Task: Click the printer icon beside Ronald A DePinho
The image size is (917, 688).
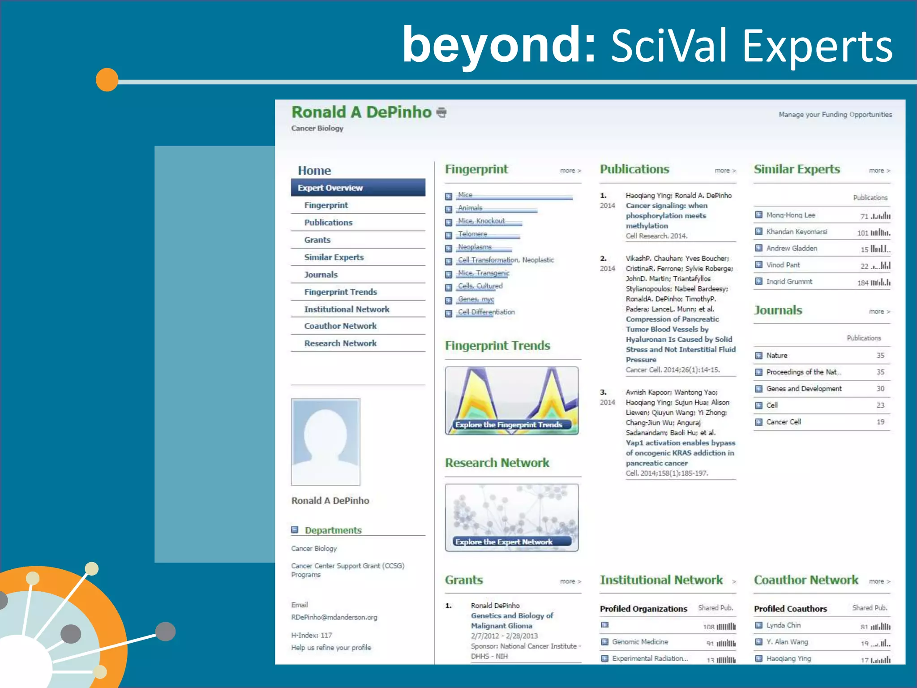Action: [x=441, y=112]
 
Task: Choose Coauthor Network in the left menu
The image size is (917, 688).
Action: [x=340, y=326]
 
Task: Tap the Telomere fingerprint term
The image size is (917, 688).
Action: [x=472, y=234]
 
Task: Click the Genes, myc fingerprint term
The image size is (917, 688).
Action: [x=476, y=299]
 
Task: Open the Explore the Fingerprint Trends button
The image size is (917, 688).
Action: [x=509, y=425]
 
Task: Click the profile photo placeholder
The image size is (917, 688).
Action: [x=326, y=442]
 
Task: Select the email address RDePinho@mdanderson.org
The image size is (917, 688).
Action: [x=334, y=617]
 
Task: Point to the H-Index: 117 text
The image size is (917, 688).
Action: [x=312, y=635]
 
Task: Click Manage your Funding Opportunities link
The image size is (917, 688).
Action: [x=835, y=115]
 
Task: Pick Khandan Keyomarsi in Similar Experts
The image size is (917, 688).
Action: [x=797, y=232]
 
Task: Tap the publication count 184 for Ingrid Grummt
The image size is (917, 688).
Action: [x=863, y=283]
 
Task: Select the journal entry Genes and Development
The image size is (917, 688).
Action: [x=804, y=389]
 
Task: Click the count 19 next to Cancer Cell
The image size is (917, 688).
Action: [x=880, y=422]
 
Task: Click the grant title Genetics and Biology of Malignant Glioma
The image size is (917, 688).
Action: [x=512, y=621]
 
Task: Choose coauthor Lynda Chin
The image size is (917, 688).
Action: [x=784, y=625]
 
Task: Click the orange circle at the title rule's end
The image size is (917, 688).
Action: [x=107, y=80]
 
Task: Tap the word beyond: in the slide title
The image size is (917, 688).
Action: [x=499, y=45]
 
